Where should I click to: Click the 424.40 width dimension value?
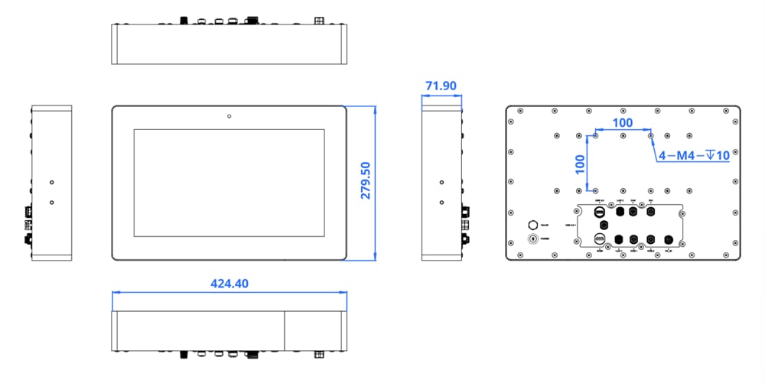229,284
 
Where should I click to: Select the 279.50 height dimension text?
366,180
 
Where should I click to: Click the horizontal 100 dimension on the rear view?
623,122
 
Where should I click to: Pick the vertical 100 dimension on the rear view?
580,162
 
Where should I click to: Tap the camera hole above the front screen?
229,116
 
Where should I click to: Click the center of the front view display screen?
229,183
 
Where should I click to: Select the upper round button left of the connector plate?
533,225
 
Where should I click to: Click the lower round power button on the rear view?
533,239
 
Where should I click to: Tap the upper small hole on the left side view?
51,183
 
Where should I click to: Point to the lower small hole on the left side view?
51,202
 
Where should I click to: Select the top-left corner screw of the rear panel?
520,112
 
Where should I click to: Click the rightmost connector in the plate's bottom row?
667,240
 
